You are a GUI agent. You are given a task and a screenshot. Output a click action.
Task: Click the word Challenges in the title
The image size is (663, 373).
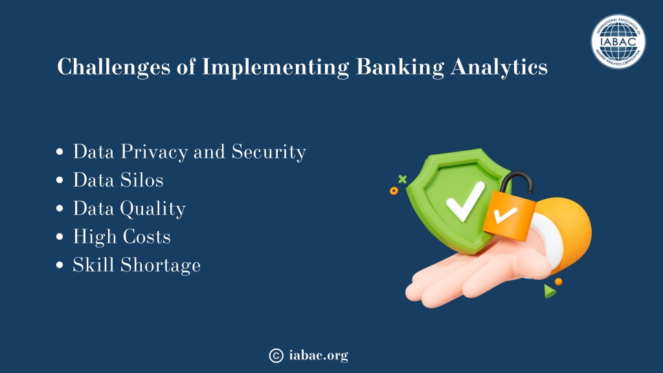click(113, 67)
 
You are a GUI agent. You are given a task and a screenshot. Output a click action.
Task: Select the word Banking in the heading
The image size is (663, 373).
click(400, 67)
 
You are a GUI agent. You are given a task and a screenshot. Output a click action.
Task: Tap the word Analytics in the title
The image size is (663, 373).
click(499, 67)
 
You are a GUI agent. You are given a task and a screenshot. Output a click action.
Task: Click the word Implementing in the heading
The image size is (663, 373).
click(275, 67)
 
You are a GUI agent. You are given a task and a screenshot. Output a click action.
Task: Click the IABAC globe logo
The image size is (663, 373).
click(618, 41)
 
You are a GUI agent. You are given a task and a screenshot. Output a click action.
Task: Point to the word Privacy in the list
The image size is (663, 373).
click(154, 152)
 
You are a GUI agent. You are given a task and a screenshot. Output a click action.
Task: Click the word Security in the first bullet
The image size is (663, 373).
click(269, 152)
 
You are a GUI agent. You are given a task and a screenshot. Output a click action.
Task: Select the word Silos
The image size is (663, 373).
click(142, 180)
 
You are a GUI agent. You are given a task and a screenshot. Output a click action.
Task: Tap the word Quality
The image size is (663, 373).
click(153, 209)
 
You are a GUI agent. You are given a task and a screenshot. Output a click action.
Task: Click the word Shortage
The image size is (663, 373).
click(161, 266)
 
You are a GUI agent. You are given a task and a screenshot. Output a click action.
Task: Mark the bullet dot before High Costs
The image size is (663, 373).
click(60, 237)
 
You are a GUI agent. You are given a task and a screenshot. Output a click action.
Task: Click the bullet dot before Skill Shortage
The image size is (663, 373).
click(60, 265)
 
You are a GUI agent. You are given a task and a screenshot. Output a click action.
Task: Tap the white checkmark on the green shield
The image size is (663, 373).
click(465, 202)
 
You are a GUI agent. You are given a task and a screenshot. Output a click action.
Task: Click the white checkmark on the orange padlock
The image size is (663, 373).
click(505, 214)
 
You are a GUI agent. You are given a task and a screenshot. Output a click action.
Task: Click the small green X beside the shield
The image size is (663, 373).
click(403, 179)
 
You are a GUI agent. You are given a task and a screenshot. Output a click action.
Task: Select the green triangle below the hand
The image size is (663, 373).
click(549, 291)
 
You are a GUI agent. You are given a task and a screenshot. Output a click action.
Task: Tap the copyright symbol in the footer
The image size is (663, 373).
click(276, 356)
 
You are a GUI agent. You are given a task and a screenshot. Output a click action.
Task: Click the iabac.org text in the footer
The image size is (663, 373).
click(319, 356)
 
